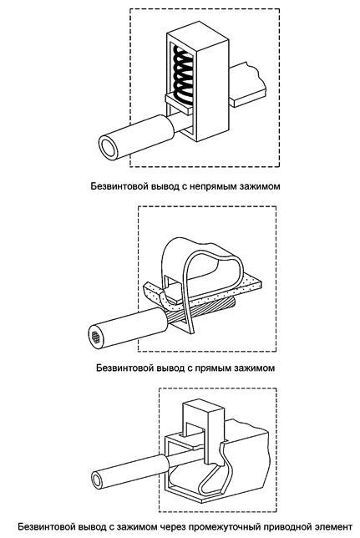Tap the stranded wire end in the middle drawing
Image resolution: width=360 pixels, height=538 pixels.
(x=96, y=338)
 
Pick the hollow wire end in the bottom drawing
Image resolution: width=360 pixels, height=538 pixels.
(x=98, y=480)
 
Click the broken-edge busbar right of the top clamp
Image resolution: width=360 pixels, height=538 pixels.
(x=248, y=84)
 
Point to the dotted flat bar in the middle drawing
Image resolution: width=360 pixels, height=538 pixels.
(x=202, y=292)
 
